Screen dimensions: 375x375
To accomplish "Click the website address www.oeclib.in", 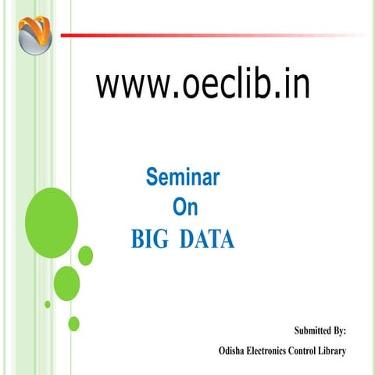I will click(x=203, y=85).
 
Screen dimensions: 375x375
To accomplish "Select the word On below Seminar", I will click(x=184, y=207).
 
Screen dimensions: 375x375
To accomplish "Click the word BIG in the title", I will click(x=148, y=239).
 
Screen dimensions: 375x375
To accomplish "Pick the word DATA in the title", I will click(x=206, y=239).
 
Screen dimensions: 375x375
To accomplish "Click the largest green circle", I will click(x=52, y=212).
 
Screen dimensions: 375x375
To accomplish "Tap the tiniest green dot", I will click(x=48, y=304).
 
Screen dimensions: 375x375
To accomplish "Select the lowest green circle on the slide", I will click(x=74, y=323).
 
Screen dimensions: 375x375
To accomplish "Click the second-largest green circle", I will click(x=66, y=282).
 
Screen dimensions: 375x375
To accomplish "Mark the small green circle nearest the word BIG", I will click(x=86, y=255).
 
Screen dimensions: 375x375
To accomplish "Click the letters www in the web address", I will click(x=125, y=85).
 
